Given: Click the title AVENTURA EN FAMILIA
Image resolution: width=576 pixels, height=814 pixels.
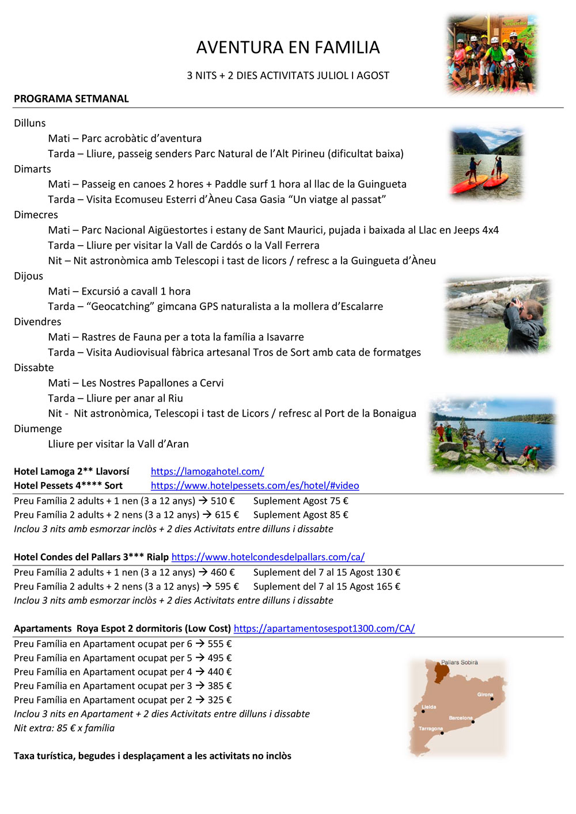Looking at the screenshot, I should pos(288,47).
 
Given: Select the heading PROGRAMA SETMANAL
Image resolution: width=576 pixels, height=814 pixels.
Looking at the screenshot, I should pos(71,98).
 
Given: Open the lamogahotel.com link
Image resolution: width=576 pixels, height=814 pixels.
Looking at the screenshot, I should pos(207,471).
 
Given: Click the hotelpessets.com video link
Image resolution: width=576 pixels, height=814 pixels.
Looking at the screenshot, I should pos(255,486).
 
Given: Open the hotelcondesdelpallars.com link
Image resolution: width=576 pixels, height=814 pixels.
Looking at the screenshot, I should pos(268,557).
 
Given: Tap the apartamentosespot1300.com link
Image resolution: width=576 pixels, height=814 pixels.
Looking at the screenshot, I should pos(324,628).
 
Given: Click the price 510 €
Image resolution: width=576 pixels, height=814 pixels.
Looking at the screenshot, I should pos(222,500).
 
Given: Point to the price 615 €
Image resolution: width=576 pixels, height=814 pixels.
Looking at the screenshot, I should pos(226,515).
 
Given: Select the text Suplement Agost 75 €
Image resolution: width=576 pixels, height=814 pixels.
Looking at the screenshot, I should pos(301,500).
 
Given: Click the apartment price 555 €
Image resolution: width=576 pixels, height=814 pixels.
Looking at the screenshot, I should pos(219,644).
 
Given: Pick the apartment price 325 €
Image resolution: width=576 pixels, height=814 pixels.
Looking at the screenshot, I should pos(219,700).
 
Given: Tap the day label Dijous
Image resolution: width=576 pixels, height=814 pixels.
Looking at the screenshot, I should pos(29,276).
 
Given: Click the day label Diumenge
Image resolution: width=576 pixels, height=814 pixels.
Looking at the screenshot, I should pos(38,429).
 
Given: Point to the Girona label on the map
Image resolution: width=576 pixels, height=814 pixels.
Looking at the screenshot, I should pos(485,694).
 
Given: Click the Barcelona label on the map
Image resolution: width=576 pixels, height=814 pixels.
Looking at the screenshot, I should pos(460,718).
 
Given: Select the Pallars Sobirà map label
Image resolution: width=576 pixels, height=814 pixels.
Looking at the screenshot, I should pos(459,662).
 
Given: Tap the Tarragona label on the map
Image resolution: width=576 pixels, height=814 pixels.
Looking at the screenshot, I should pos(430,728).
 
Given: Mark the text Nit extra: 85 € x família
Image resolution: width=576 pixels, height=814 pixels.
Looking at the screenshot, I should pos(64,728).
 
